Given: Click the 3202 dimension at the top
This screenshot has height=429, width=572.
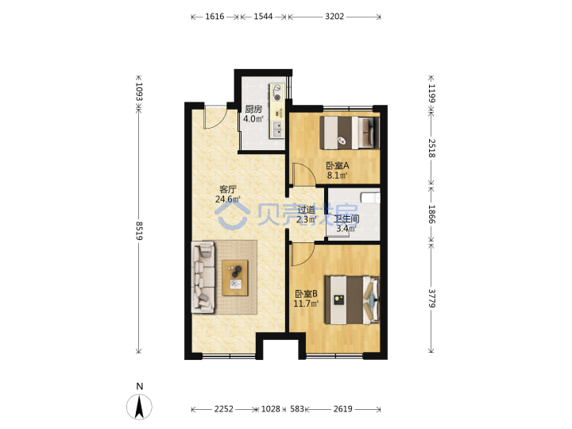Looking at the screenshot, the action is coord(334,17).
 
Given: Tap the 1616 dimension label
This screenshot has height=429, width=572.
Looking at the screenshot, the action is coord(214,17).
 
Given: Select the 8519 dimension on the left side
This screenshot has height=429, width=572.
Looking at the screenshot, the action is coord(139,230).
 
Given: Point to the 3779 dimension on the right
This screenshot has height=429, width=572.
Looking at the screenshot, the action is coord(431,299).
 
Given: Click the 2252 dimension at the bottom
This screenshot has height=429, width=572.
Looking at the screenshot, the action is coord(223,409).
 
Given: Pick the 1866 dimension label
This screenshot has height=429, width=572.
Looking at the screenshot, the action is coord(431,214).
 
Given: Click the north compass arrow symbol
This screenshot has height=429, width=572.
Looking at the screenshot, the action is coord(139,407).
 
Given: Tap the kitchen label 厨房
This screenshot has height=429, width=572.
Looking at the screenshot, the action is coord(253,109).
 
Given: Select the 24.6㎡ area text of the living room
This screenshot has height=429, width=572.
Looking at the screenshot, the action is coord(228,199).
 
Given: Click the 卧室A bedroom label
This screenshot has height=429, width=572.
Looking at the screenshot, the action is coord(338,165).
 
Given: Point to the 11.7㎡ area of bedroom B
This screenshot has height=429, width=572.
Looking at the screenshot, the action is coord(306,303).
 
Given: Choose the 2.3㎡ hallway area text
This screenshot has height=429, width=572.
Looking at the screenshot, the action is coord(306,219).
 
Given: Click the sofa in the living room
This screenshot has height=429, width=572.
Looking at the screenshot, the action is coord(203,277).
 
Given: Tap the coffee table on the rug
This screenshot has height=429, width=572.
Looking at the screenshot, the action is coord(235,278).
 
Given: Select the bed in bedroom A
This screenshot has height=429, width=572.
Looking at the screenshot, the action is coord(350,133).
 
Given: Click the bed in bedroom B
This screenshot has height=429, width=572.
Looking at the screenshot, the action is coord(352,300).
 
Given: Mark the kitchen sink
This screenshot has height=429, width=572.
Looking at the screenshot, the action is coord(277,129).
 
